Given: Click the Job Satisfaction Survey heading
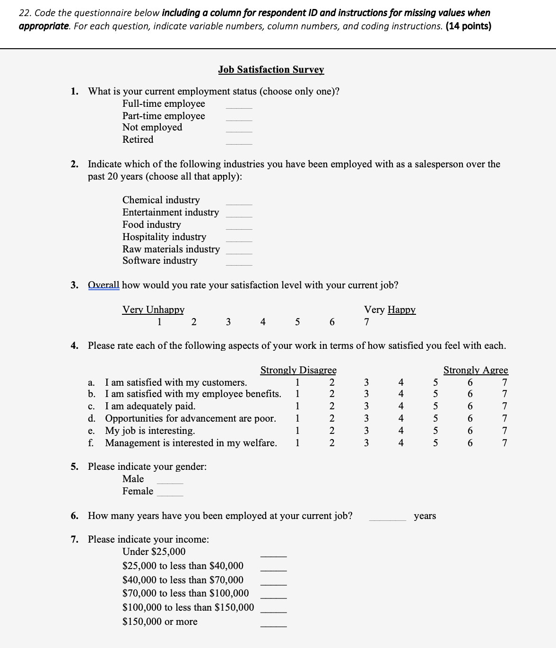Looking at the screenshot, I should tap(271, 69).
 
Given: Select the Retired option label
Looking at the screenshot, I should tap(138, 139).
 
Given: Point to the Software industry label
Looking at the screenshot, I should tap(160, 260).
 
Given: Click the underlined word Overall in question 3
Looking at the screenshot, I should tap(104, 285).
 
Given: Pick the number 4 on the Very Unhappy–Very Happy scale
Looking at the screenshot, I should tap(263, 322).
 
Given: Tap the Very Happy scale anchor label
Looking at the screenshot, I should tap(390, 310).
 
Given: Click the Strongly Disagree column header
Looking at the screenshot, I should tap(298, 370).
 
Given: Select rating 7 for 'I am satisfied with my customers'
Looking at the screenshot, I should tap(505, 382).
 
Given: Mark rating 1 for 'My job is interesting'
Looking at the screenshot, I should tap(297, 431).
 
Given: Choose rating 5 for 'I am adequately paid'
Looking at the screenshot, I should tap(435, 406).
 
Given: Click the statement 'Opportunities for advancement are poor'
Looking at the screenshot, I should tap(190, 418).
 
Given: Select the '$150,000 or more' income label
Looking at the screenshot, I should tap(160, 622).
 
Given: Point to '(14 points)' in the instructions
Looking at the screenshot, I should tap(468, 26).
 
